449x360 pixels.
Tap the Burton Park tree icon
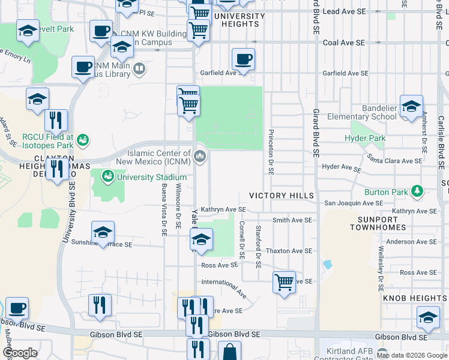[417, 192]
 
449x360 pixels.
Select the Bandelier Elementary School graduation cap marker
[411, 107]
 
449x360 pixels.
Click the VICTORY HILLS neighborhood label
[282, 196]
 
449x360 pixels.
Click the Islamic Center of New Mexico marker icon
[200, 157]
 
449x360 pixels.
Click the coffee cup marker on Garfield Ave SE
[243, 60]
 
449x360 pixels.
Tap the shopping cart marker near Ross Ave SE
[283, 281]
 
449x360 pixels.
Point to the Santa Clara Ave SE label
[395, 161]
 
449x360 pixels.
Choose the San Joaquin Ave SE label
[353, 203]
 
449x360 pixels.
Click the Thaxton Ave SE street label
[289, 251]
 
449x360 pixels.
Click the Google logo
[20, 353]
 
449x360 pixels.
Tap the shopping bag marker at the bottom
[229, 352]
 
